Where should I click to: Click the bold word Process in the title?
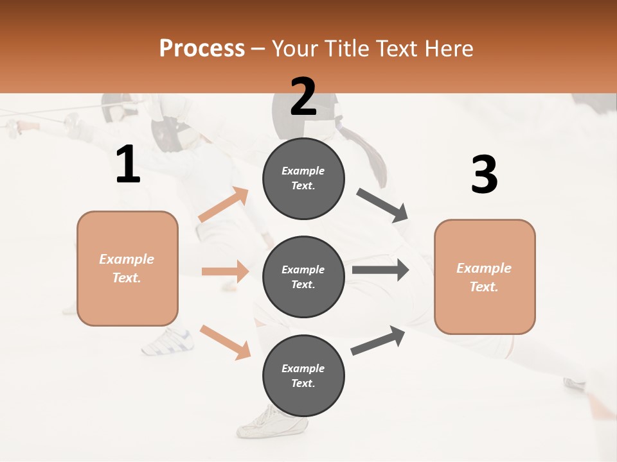[x=202, y=49]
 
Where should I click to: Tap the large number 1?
[x=128, y=165]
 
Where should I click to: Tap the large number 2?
[x=303, y=97]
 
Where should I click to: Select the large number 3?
[x=484, y=175]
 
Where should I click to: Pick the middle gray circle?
[x=303, y=277]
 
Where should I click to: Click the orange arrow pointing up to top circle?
[x=224, y=205]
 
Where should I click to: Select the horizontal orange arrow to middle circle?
[x=225, y=271]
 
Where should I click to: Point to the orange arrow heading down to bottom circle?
[x=225, y=342]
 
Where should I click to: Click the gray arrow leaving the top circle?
[x=383, y=205]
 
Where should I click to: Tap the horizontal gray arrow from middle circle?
[x=380, y=270]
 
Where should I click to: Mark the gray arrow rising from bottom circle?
[x=378, y=341]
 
